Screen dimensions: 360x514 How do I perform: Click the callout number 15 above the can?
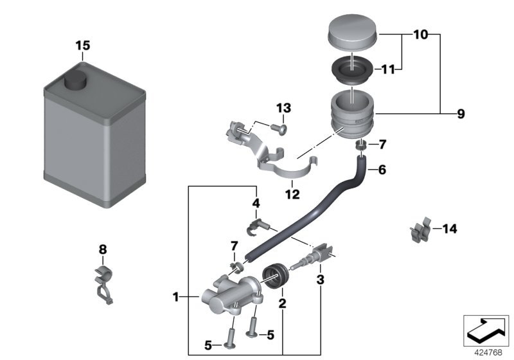[x=83, y=46]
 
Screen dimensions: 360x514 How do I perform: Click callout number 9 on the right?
[x=460, y=114]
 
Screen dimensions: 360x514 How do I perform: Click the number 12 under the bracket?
[x=293, y=194]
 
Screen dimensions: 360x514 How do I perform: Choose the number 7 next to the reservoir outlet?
[x=383, y=143]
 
